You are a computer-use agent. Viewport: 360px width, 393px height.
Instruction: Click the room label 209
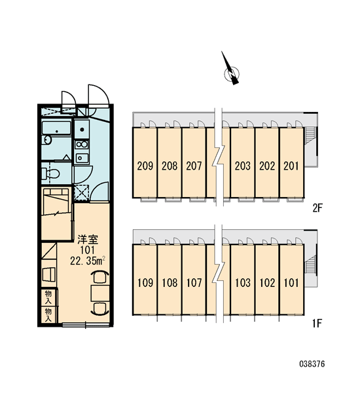tap(145, 166)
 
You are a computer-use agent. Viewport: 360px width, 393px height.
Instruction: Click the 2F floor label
tap(317, 208)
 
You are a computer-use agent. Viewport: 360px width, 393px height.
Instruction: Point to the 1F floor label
tap(317, 324)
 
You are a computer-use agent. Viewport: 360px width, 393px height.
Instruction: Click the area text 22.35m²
tap(88, 261)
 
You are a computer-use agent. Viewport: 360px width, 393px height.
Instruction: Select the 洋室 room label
tap(88, 240)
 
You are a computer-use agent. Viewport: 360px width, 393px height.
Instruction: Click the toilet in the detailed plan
tap(50, 173)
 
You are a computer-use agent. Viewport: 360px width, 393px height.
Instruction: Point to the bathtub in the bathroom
tap(56, 128)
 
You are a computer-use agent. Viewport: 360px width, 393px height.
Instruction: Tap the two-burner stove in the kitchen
tap(82, 145)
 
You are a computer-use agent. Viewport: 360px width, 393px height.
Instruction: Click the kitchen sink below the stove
tap(82, 158)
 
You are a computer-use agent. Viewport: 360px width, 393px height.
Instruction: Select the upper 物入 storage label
tap(48, 297)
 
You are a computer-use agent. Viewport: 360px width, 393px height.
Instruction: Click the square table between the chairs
tap(100, 293)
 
